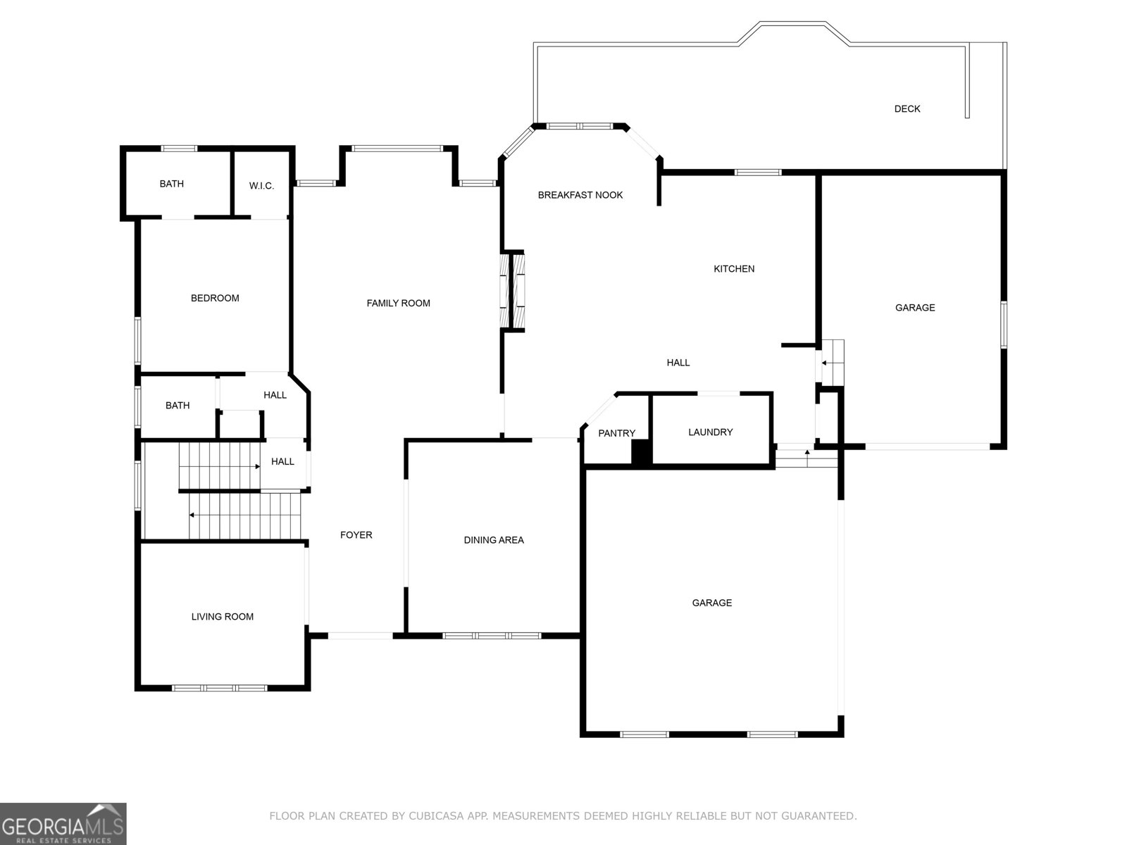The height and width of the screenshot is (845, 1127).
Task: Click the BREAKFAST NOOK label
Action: [580, 195]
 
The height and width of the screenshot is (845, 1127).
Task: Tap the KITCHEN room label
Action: [734, 269]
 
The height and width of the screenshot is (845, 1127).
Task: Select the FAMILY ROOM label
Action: [399, 303]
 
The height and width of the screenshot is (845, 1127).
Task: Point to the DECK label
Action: [907, 108]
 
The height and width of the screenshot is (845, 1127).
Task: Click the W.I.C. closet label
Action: [261, 186]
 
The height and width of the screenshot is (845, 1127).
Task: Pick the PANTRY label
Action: [616, 433]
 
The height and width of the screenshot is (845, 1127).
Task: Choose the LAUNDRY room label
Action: [711, 432]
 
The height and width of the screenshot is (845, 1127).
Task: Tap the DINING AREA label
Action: [494, 539]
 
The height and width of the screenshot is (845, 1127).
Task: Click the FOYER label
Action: [356, 534]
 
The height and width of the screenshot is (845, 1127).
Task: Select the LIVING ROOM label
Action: [223, 617]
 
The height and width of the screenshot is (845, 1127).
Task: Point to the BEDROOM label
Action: [215, 298]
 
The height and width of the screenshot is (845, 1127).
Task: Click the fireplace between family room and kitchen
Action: [512, 292]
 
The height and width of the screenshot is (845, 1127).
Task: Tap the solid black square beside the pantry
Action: [641, 453]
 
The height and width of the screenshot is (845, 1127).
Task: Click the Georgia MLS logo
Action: [63, 823]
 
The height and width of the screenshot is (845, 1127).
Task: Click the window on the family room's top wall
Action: [397, 149]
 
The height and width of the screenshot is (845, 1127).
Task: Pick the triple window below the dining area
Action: [492, 636]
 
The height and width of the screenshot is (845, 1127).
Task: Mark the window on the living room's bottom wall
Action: [220, 687]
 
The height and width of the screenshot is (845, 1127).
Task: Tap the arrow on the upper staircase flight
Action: [220, 466]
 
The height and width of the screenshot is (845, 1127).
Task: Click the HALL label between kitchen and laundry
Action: [678, 363]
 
